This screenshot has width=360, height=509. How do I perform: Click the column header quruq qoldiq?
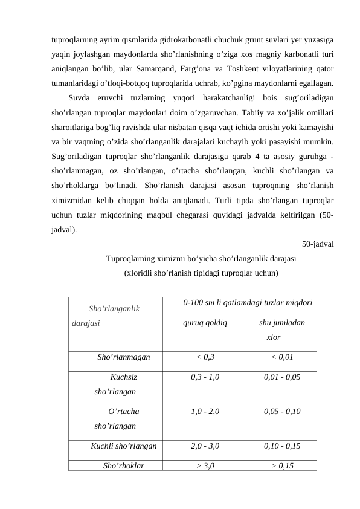(205, 323)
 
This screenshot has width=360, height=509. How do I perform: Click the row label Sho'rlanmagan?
(124, 357)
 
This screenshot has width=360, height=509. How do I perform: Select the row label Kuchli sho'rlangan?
(124, 447)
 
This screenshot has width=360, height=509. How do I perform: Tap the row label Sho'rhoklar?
(124, 465)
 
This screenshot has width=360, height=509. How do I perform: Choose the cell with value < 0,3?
(205, 357)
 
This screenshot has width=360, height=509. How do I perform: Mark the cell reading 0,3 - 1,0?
(205, 377)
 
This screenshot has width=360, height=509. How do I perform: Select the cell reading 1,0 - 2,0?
(205, 412)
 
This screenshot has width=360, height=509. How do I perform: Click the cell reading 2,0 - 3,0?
(205, 447)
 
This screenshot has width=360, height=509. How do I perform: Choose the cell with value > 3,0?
(205, 465)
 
